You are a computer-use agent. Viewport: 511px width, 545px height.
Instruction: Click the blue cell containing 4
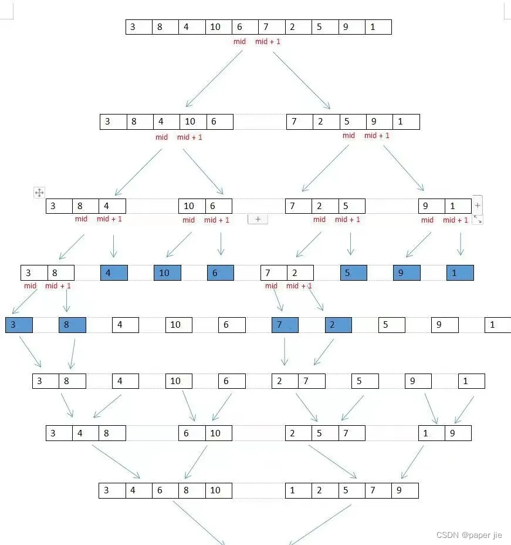coord(114,272)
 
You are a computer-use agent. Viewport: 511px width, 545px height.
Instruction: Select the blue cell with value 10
coord(167,272)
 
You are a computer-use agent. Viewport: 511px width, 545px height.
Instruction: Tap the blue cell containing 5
coord(353,272)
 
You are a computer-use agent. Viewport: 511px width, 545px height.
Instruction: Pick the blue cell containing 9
coord(407,272)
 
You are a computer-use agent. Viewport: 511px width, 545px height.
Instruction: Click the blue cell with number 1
coord(460,272)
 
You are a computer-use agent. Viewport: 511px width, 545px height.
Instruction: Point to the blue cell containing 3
coord(19,325)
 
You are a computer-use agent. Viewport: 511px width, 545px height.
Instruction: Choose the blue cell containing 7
coord(285,325)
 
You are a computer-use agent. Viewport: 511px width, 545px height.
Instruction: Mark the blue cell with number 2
coord(339,325)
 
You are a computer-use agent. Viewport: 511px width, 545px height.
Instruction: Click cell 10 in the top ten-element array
coord(219,27)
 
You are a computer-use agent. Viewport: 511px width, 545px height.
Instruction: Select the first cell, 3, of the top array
coord(139,27)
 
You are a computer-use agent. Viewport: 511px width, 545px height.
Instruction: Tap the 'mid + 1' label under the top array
coord(268,42)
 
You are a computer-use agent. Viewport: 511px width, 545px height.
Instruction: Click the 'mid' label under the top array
coord(239,42)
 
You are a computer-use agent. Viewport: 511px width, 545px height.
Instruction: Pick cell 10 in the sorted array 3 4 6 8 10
coord(219,490)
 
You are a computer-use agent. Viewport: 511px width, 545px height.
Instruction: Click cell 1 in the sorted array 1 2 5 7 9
coord(299,490)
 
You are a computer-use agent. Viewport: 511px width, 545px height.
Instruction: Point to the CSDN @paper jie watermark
coord(469,535)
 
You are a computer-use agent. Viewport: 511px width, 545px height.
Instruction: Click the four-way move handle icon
coord(39,193)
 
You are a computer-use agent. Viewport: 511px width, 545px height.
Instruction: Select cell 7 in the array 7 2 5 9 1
coord(300,122)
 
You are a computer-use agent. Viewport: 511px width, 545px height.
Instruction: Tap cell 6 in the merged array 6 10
coord(192,433)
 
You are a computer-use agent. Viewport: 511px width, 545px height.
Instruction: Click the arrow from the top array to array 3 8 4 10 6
coord(214,79)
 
